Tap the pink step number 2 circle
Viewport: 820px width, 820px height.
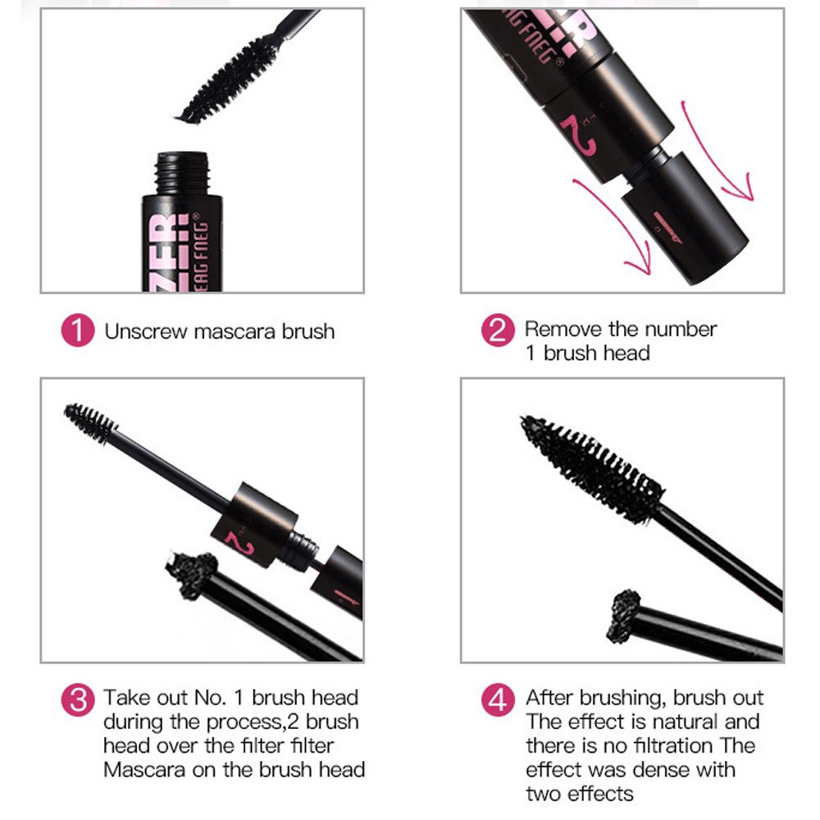497,332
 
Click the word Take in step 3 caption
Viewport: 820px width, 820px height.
121,698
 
